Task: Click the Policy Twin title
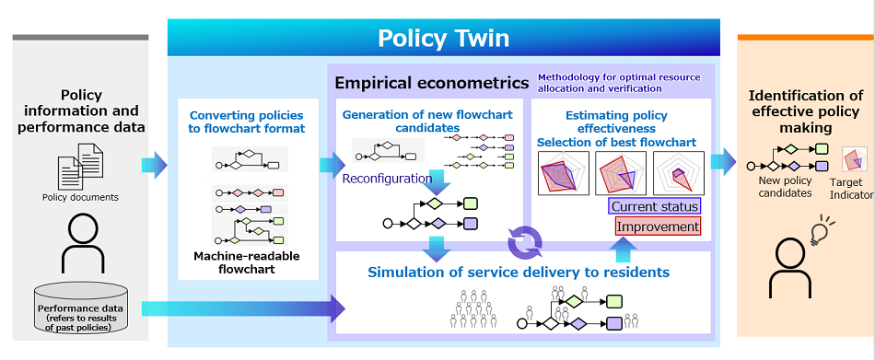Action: click(x=443, y=38)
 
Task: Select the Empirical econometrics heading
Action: click(x=431, y=83)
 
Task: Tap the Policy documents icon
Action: click(x=80, y=167)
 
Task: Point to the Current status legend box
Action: click(x=655, y=206)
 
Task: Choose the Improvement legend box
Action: click(x=658, y=226)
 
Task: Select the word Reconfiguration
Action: click(x=386, y=179)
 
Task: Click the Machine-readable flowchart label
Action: click(x=247, y=262)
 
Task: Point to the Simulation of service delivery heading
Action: click(x=518, y=272)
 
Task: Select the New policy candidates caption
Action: click(x=786, y=188)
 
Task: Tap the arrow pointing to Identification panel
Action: click(x=724, y=162)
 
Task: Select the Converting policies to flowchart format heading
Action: click(x=247, y=122)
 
